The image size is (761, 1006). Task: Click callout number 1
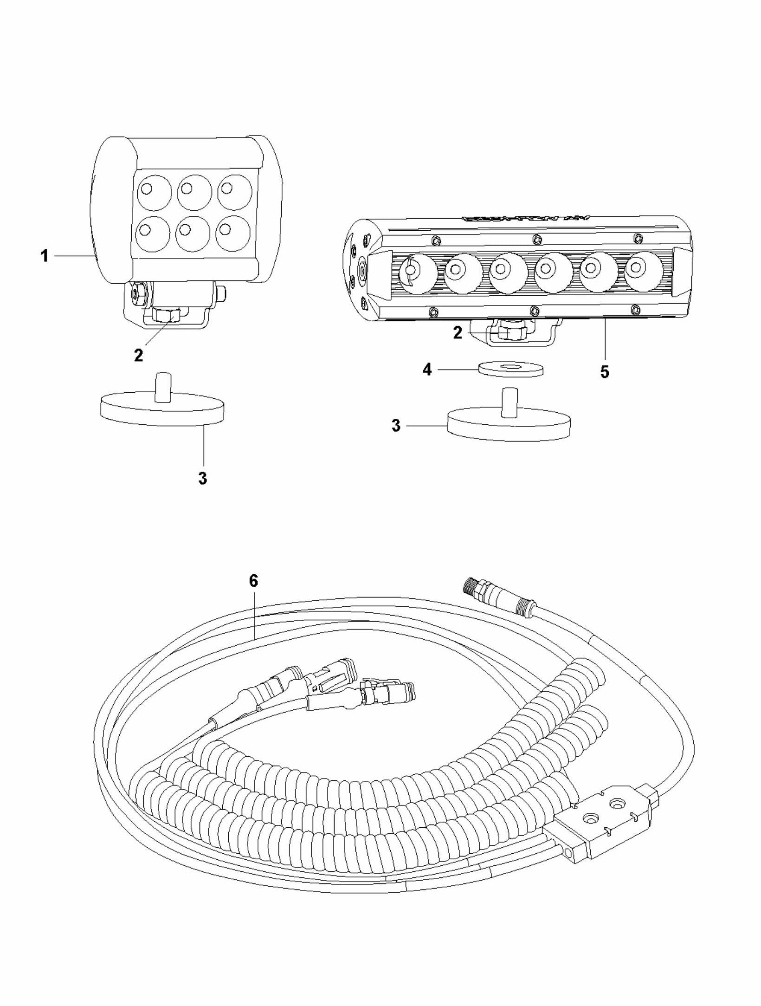point(45,256)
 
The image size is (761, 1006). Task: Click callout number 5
point(604,372)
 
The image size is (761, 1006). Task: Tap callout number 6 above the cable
point(253,581)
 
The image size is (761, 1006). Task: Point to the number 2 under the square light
point(138,355)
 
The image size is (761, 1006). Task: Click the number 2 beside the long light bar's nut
point(458,333)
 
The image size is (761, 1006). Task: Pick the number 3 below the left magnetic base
point(202,478)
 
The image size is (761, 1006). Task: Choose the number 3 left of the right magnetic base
point(396,426)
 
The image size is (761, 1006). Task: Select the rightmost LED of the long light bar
point(643,271)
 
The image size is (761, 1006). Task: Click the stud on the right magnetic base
point(509,404)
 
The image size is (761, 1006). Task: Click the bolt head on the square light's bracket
point(137,293)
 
